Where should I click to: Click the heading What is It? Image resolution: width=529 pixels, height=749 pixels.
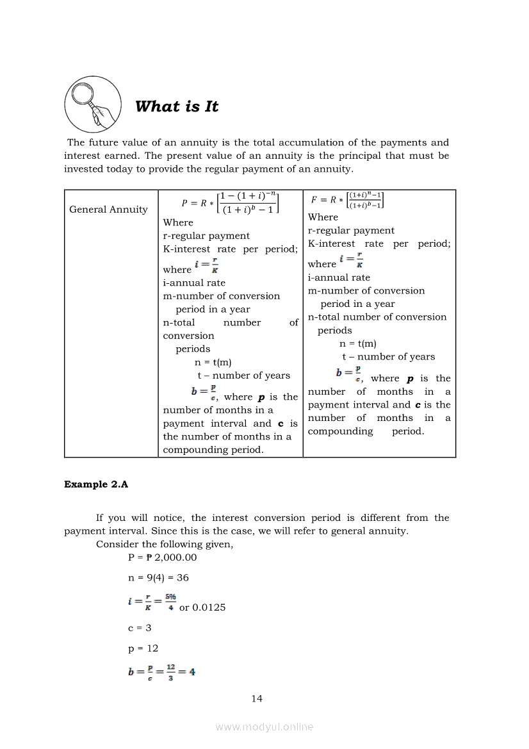pos(177,107)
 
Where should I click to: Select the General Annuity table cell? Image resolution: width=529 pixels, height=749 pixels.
pos(108,210)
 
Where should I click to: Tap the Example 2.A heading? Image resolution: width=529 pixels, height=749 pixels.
pos(96,484)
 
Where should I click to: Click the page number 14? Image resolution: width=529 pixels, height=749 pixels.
pos(257,698)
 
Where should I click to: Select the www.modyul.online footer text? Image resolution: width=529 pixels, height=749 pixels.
pos(264,727)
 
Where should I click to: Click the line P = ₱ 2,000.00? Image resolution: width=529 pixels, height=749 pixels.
pos(163,557)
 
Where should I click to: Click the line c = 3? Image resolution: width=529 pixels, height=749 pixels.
pos(140,628)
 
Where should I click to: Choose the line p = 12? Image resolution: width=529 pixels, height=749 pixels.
pos(143,648)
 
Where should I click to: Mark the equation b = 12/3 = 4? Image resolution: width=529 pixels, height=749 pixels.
pos(161,672)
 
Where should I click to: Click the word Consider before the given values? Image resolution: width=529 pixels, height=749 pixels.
pos(117,544)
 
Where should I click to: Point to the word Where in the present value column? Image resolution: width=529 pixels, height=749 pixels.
pos(178,222)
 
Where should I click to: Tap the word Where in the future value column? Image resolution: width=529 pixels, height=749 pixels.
pos(323,217)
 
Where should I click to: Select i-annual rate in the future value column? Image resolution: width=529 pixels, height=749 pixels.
pos(339,277)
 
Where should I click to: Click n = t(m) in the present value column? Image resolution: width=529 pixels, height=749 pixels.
pos(213,362)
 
